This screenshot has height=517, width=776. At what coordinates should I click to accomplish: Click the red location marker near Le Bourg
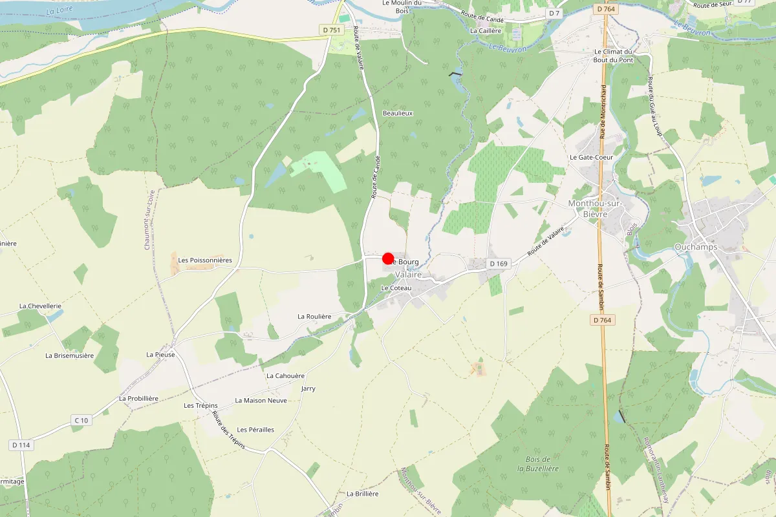point(388,258)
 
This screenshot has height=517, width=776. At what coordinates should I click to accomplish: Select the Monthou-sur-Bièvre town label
point(594,208)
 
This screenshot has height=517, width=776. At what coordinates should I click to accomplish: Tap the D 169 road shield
point(499,264)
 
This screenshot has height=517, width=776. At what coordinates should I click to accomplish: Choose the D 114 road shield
point(21,445)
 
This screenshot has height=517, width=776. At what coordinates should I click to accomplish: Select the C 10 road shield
point(81,421)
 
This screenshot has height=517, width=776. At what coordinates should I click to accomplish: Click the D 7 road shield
point(554,13)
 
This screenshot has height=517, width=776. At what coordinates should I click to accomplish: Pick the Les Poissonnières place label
point(205,260)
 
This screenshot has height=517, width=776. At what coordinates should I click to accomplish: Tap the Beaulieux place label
point(398,113)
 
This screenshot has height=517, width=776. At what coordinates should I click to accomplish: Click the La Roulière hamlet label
point(314,317)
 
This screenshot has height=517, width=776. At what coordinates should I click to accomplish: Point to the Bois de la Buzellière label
point(537,463)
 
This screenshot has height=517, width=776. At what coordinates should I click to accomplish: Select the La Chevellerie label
point(40,306)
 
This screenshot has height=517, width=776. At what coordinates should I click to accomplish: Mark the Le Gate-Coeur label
point(591,157)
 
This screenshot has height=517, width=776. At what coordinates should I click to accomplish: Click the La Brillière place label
point(362,494)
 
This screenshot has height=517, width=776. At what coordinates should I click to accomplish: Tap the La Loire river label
point(61,10)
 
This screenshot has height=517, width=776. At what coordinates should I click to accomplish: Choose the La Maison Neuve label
point(261,401)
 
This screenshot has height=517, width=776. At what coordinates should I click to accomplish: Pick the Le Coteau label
point(396,288)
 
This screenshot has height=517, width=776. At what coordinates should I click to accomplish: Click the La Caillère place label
point(486,30)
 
